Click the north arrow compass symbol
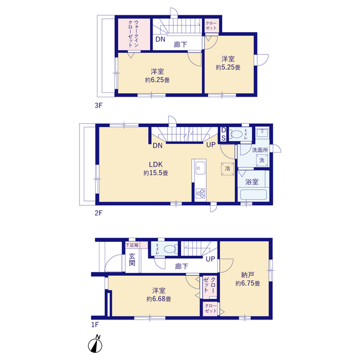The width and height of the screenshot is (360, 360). (x=95, y=344)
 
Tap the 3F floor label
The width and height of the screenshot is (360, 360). (x=98, y=106)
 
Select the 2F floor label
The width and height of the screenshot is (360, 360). (x=98, y=213)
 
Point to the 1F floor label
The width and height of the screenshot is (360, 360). (x=95, y=325)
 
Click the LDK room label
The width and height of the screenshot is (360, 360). (x=156, y=164)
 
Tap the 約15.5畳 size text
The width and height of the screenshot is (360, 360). (x=156, y=173)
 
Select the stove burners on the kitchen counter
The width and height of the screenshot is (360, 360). (x=200, y=193)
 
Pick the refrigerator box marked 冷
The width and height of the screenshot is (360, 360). (x=227, y=169)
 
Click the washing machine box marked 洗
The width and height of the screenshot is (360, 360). (x=262, y=160)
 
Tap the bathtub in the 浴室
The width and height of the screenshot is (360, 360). (x=253, y=195)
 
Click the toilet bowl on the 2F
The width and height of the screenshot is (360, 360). (x=236, y=134)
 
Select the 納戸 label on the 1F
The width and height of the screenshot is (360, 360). (x=247, y=274)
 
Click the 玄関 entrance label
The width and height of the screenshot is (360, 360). (x=132, y=259)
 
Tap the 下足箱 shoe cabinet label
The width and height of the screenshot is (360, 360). (x=132, y=245)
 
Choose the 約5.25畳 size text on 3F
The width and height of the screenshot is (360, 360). (x=228, y=67)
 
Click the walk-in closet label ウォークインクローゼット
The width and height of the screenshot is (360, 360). (x=133, y=34)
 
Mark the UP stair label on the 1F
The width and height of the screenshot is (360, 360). (x=210, y=259)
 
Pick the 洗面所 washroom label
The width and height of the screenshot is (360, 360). (x=260, y=150)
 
